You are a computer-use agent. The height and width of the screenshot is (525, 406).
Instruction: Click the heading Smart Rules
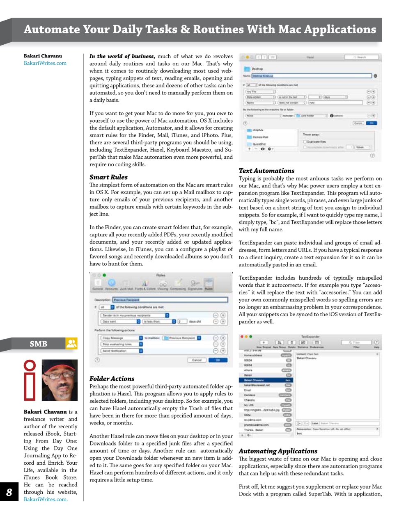tap(108, 177)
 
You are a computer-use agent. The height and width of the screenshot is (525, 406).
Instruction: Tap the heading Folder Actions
tap(112, 379)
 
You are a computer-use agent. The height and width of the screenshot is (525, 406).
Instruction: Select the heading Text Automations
tap(266, 171)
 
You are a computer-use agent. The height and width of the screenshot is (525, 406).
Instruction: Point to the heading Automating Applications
tap(278, 451)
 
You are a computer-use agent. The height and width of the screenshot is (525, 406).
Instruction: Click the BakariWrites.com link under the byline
tap(45, 63)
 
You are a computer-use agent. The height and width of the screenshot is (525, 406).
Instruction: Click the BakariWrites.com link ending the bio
tap(45, 499)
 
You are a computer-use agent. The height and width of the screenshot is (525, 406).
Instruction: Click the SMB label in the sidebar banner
tap(38, 344)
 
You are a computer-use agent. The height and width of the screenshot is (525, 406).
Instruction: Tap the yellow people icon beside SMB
tap(71, 343)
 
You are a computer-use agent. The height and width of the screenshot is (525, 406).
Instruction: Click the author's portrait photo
tap(60, 380)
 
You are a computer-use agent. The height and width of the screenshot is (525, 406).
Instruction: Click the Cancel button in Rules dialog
tap(197, 360)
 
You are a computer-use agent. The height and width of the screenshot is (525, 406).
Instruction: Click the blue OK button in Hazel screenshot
tap(372, 123)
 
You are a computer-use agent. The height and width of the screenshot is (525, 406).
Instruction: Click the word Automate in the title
tap(52, 30)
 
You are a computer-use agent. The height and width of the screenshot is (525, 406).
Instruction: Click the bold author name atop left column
tap(43, 56)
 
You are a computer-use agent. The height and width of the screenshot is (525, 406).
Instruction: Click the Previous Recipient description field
tap(170, 300)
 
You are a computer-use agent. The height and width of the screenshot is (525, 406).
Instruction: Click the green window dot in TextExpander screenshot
tap(250, 336)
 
